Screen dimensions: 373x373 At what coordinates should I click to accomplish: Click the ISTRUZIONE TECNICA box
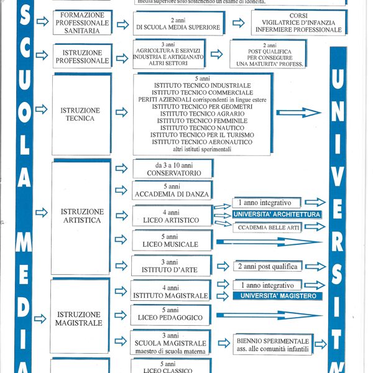(x=81, y=114)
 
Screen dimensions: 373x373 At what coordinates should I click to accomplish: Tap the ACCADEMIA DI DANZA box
(x=172, y=190)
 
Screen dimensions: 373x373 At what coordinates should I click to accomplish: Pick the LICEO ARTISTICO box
(x=172, y=216)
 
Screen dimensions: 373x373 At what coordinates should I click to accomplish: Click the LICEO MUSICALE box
(x=172, y=241)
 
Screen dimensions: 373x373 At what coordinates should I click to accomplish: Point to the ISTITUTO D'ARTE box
(x=172, y=266)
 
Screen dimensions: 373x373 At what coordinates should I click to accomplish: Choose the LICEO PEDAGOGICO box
(x=172, y=315)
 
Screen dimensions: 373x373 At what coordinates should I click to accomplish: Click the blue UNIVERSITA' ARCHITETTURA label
(x=277, y=214)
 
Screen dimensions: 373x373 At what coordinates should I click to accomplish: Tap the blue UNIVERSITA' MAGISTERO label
(x=277, y=296)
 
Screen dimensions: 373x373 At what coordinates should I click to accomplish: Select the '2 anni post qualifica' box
(x=267, y=266)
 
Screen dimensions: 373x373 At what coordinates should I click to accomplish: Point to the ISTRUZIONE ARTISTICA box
(x=82, y=216)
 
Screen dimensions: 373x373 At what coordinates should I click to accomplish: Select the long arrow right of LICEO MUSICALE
(x=269, y=241)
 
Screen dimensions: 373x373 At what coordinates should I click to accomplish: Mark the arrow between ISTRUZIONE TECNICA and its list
(x=122, y=113)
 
